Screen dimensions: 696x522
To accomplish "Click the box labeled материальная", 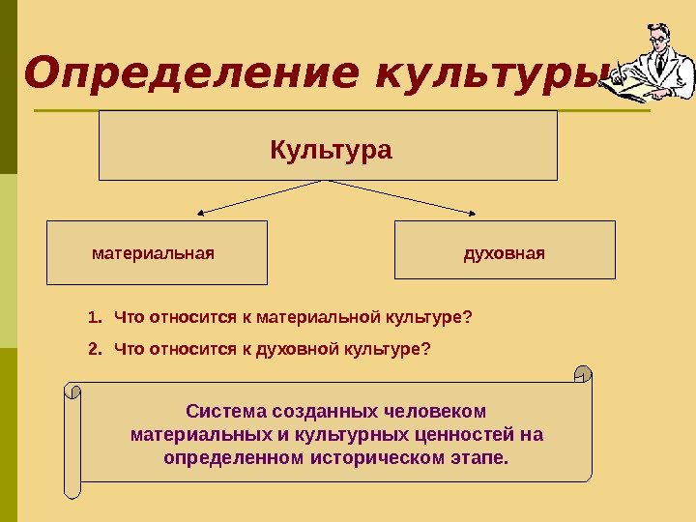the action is coord(157,252).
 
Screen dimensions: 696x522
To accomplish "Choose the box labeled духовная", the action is coord(505,252).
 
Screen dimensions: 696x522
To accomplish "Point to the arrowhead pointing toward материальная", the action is coord(201,213).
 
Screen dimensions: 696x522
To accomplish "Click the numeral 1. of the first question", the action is coord(94,316).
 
